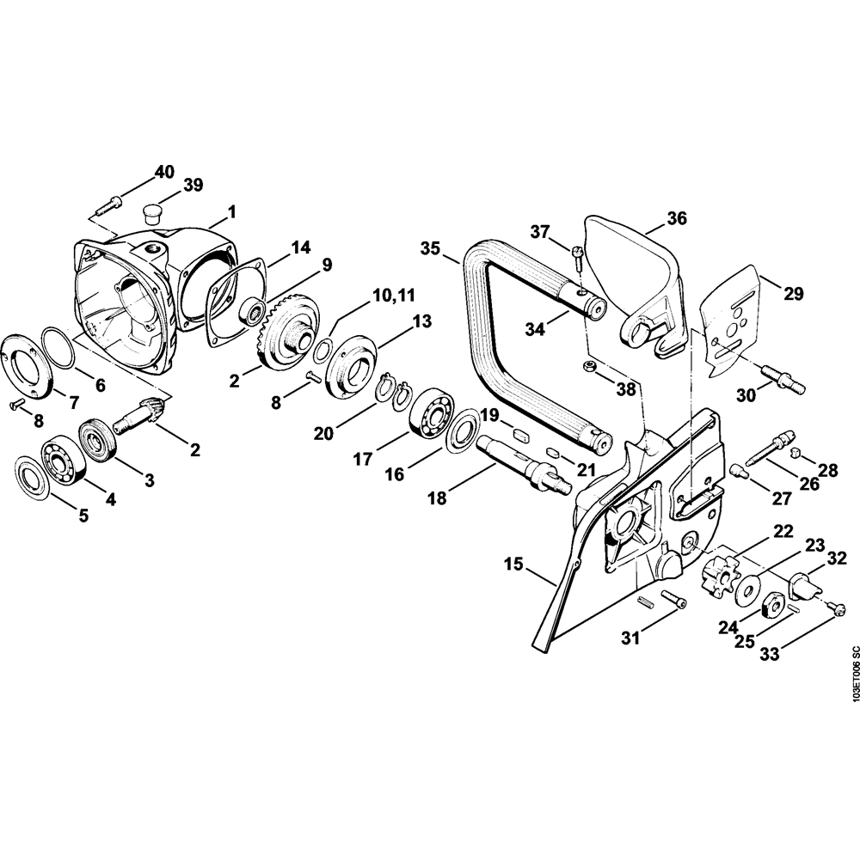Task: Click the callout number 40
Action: point(164,172)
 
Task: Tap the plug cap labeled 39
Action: point(154,210)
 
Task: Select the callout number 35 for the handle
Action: point(431,248)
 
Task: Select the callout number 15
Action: point(513,565)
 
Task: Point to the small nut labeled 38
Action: point(592,367)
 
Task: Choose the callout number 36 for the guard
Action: point(677,218)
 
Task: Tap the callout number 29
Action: point(793,293)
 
